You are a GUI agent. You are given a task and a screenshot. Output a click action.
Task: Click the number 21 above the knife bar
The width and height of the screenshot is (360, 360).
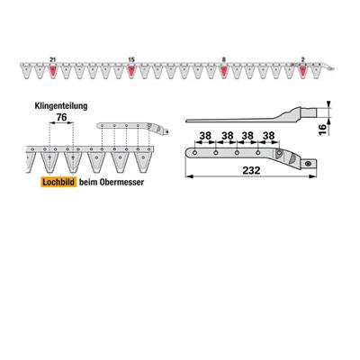pyautogui.click(x=53, y=60)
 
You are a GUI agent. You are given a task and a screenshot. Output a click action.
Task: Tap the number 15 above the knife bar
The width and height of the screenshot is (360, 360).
pyautogui.click(x=131, y=60)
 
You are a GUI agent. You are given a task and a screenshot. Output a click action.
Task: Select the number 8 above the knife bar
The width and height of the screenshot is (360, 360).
pyautogui.click(x=223, y=60)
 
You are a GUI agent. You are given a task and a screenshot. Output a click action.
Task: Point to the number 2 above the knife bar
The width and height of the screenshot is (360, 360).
pyautogui.click(x=302, y=60)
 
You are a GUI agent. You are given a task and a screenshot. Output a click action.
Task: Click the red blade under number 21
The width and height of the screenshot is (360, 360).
pyautogui.click(x=53, y=71)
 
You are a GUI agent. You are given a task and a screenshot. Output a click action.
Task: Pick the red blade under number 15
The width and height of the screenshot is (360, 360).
pyautogui.click(x=131, y=71)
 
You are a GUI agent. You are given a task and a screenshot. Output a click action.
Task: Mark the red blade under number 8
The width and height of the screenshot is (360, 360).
pyautogui.click(x=223, y=71)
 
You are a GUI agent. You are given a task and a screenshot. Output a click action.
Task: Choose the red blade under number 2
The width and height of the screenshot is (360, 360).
pyautogui.click(x=302, y=71)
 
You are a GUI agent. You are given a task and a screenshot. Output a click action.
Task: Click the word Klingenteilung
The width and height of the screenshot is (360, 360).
pyautogui.click(x=61, y=106)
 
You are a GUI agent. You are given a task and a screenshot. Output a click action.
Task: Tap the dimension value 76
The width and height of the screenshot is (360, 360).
pyautogui.click(x=61, y=117)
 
